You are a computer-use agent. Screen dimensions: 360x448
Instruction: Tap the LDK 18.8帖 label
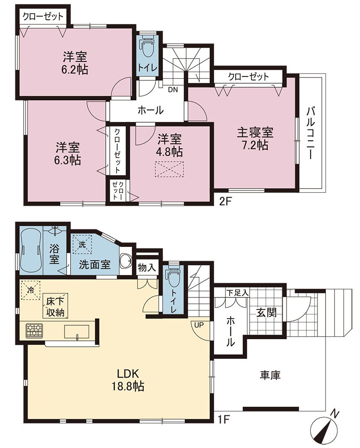pyautogui.click(x=127, y=380)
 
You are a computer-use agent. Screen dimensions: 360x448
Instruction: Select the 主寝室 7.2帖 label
pyautogui.click(x=255, y=139)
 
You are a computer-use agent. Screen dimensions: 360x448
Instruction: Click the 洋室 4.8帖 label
pyautogui.click(x=170, y=146)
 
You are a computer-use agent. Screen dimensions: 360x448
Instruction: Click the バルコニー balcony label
pyautogui.click(x=311, y=133)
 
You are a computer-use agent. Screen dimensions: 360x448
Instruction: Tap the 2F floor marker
pyautogui.click(x=225, y=202)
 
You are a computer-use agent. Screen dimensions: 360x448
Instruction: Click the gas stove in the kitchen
pyautogui.click(x=34, y=331)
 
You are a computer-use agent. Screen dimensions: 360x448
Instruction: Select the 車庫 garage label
pyautogui.click(x=270, y=375)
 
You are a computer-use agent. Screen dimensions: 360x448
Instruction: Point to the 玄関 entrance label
pyautogui.click(x=266, y=313)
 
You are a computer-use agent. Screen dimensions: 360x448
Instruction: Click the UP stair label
pyautogui.click(x=199, y=325)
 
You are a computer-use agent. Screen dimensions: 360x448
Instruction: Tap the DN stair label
pyautogui.click(x=173, y=90)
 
